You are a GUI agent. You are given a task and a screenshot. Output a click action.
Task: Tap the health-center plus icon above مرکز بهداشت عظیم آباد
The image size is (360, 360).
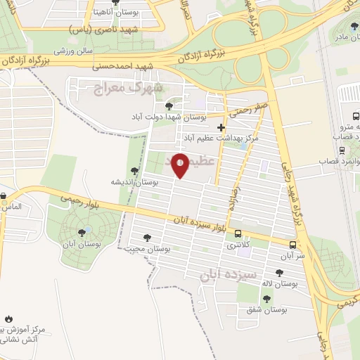(222, 128)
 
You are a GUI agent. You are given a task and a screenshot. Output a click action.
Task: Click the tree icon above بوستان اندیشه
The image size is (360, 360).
(134, 171)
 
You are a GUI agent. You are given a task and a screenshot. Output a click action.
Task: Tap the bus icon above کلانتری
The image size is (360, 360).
(238, 233)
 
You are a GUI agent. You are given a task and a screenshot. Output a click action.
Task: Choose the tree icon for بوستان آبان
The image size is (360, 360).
(84, 231)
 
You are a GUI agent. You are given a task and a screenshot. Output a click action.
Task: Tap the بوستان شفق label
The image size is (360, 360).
(268, 309)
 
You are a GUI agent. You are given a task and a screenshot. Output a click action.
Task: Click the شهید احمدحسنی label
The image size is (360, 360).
(127, 67)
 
